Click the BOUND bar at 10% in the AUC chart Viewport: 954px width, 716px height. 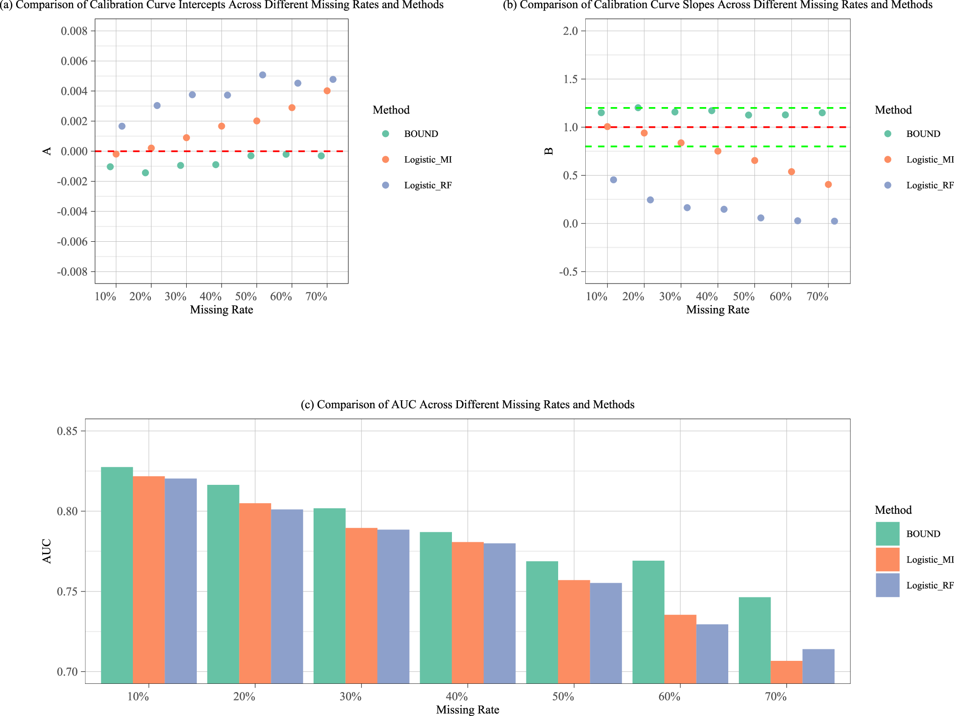[x=117, y=574]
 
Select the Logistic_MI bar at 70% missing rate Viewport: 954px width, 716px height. [x=786, y=671]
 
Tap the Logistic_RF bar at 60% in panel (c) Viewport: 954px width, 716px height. [x=712, y=653]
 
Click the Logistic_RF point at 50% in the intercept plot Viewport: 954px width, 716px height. [x=263, y=75]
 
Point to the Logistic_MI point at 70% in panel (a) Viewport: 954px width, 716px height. [x=327, y=91]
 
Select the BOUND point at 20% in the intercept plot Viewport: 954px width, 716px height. [x=145, y=173]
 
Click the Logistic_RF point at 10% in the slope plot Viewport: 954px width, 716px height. [x=613, y=180]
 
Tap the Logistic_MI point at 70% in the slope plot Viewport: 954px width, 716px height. [x=828, y=185]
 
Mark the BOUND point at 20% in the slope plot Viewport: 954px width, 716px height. [x=638, y=108]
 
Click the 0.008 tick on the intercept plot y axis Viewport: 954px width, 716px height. [x=74, y=31]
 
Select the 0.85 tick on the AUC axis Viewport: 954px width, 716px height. [x=68, y=432]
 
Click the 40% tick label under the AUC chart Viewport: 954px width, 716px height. [x=457, y=697]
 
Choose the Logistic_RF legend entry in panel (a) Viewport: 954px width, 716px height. [x=428, y=185]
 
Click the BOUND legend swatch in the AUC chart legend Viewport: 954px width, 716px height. [x=887, y=534]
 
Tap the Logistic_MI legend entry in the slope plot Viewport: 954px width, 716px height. [x=929, y=159]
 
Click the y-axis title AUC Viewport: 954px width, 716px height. [x=46, y=551]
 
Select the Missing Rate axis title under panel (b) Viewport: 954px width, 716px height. [x=717, y=310]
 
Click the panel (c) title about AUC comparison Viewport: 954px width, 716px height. [x=467, y=404]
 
